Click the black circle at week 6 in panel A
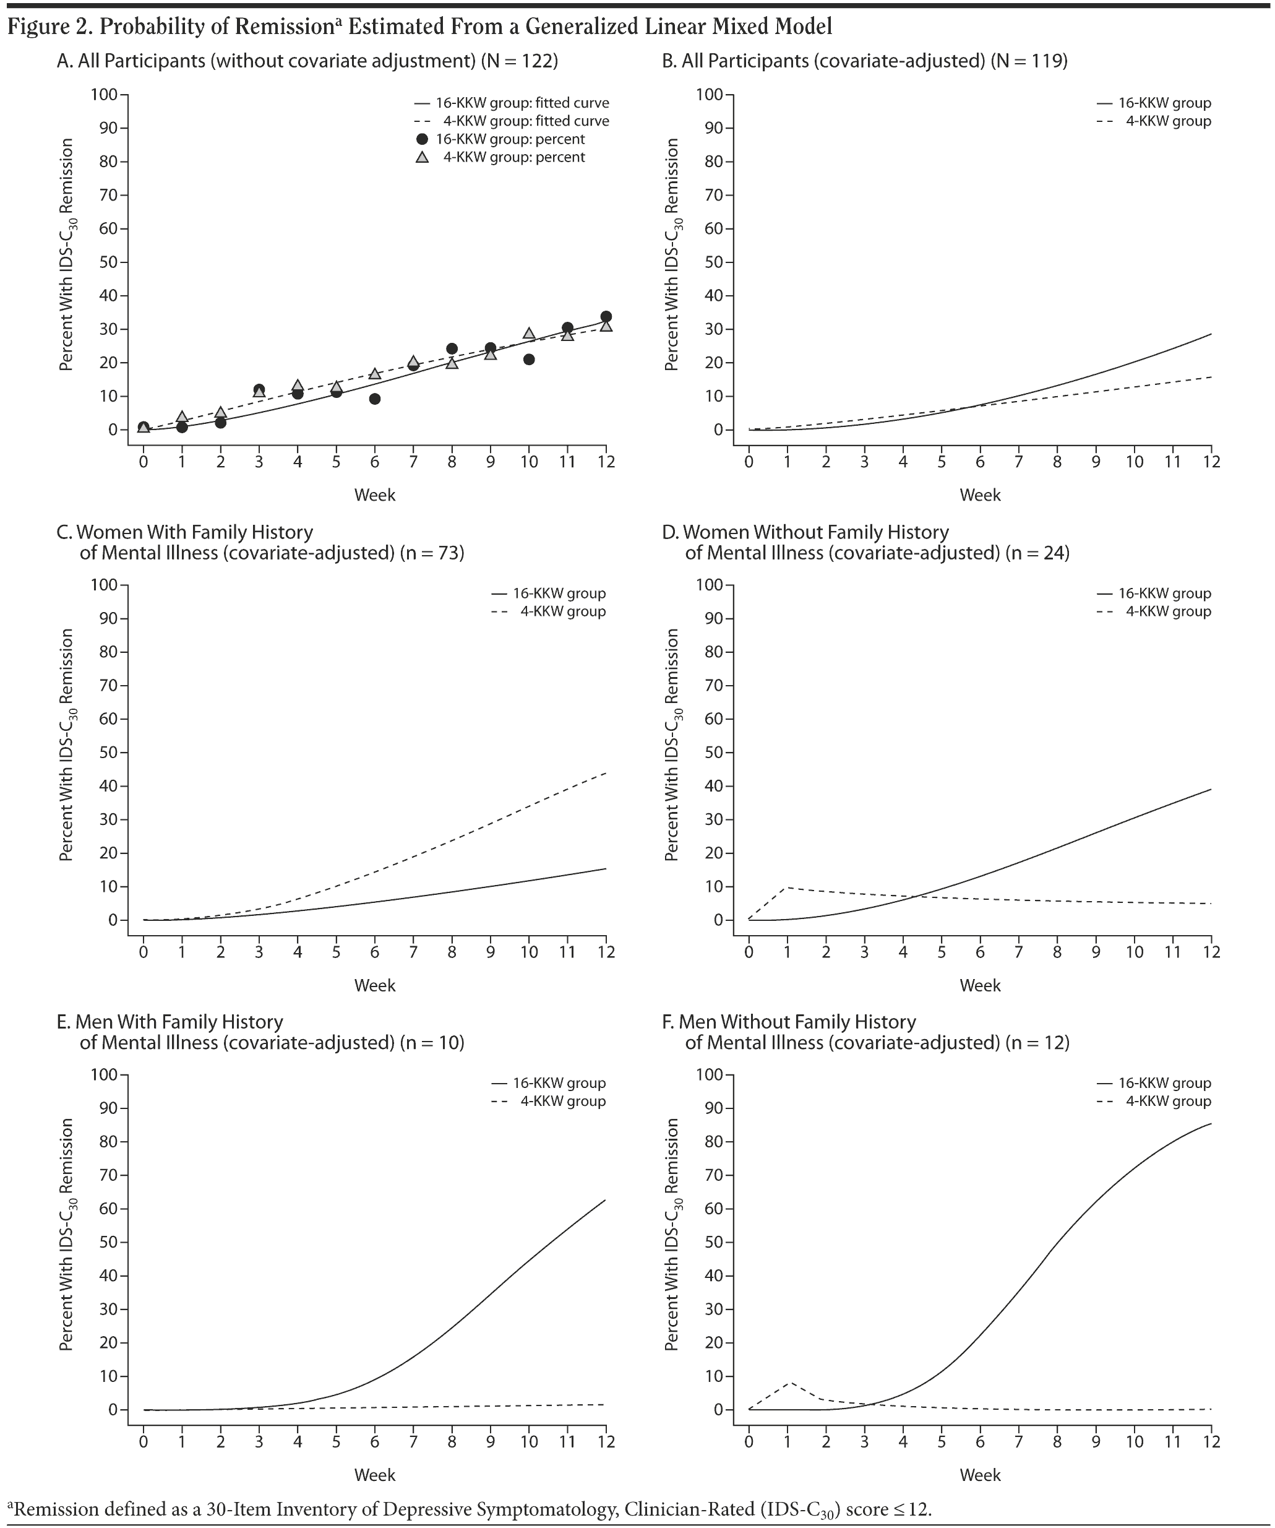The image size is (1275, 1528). [x=374, y=399]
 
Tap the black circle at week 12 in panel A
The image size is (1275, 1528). [x=606, y=316]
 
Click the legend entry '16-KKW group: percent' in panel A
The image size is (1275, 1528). [x=510, y=139]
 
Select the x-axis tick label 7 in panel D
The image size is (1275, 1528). [x=1018, y=952]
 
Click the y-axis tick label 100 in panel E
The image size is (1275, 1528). [x=103, y=1075]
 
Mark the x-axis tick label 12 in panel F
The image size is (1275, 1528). [x=1211, y=1441]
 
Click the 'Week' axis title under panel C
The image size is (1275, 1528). [x=374, y=985]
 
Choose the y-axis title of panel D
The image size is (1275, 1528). [x=672, y=745]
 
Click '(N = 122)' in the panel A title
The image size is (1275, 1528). [x=519, y=61]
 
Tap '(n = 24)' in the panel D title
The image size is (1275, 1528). [x=1037, y=553]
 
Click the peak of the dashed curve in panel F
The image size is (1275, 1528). [x=790, y=1382]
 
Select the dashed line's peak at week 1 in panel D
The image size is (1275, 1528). [x=788, y=887]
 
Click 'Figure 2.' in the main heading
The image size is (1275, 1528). [x=49, y=27]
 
